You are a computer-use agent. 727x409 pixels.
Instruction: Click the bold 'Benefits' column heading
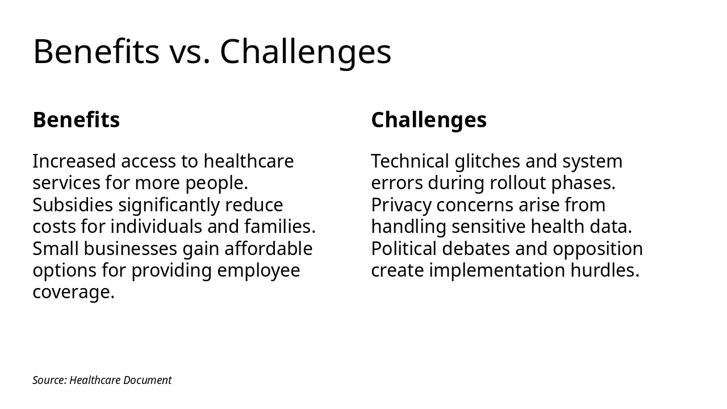coord(76,120)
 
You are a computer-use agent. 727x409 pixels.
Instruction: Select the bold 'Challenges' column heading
coord(429,120)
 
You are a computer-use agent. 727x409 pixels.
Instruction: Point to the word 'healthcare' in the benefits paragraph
coord(248,161)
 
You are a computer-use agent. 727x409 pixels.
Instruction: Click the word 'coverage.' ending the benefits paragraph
coord(74,292)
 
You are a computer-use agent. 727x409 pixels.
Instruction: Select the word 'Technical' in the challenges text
coord(410,161)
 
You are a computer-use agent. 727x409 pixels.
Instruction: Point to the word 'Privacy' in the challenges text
coord(401,204)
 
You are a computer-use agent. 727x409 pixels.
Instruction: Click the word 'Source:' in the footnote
coord(49,380)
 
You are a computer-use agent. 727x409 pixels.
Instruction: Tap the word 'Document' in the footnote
coord(147,380)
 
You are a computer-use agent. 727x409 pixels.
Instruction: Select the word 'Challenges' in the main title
coord(306,52)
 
